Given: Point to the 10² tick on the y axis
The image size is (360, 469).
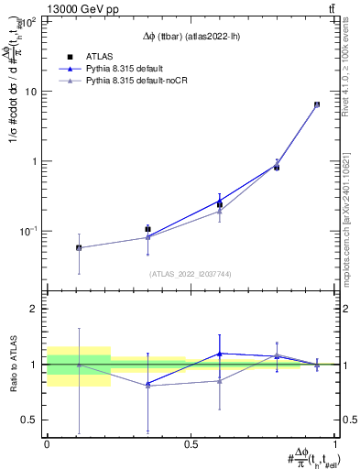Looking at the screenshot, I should point(29,22).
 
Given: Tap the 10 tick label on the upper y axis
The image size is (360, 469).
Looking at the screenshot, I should point(32,92).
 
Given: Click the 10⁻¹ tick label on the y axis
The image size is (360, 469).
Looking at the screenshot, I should point(29,231).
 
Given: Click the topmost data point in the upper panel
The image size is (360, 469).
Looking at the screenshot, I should point(317,104).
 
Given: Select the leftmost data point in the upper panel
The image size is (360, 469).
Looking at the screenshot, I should point(79,247).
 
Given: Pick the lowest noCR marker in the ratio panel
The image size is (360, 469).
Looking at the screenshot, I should point(148,386).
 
